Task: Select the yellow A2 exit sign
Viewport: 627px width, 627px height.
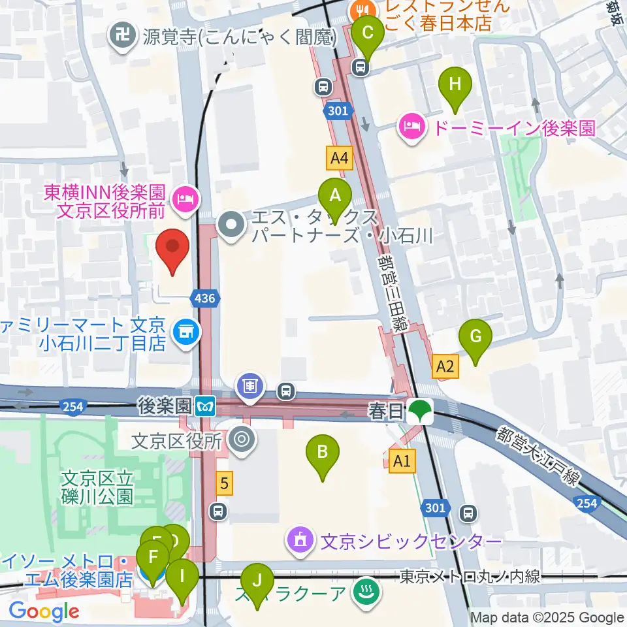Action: pyautogui.click(x=446, y=366)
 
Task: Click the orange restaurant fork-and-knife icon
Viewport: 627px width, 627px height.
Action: pyautogui.click(x=360, y=10)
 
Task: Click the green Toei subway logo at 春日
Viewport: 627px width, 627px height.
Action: pyautogui.click(x=419, y=412)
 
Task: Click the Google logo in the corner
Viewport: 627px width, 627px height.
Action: pyautogui.click(x=44, y=612)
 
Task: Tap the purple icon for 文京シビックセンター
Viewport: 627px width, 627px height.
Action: pyautogui.click(x=300, y=540)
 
